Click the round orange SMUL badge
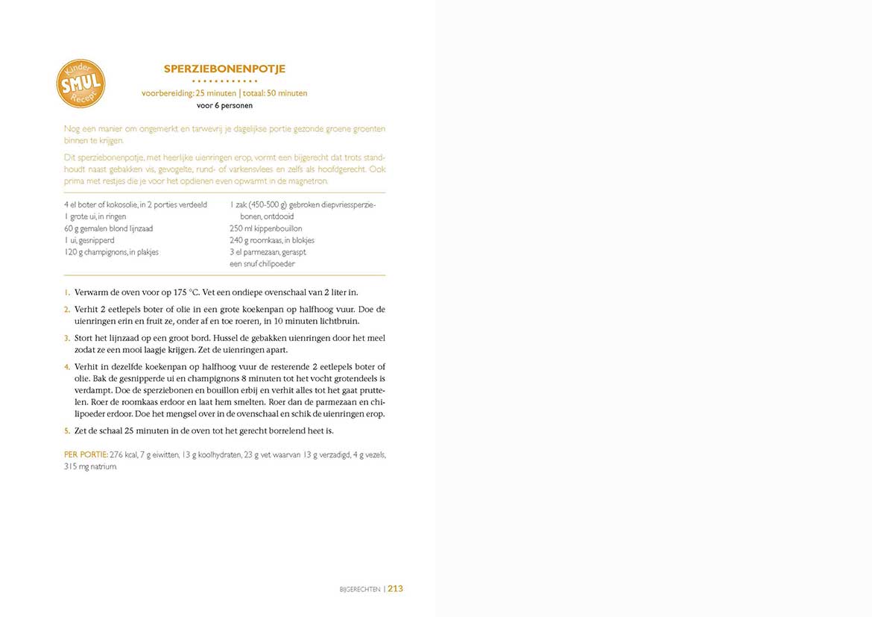[x=80, y=84]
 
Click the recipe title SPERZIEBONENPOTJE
[x=224, y=69]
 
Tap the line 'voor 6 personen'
[x=224, y=105]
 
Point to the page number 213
[x=395, y=589]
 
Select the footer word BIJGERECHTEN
[x=360, y=589]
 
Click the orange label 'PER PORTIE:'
[x=86, y=454]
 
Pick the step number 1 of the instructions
[x=66, y=292]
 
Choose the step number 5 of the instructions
[x=66, y=430]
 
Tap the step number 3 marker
[x=66, y=338]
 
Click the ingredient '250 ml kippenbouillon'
[x=266, y=228]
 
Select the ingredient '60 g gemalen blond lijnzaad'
[x=109, y=228]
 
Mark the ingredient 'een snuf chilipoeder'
[x=262, y=264]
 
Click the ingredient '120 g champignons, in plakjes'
[x=112, y=252]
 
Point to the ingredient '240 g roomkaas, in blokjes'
[x=272, y=240]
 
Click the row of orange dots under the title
[x=224, y=81]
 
